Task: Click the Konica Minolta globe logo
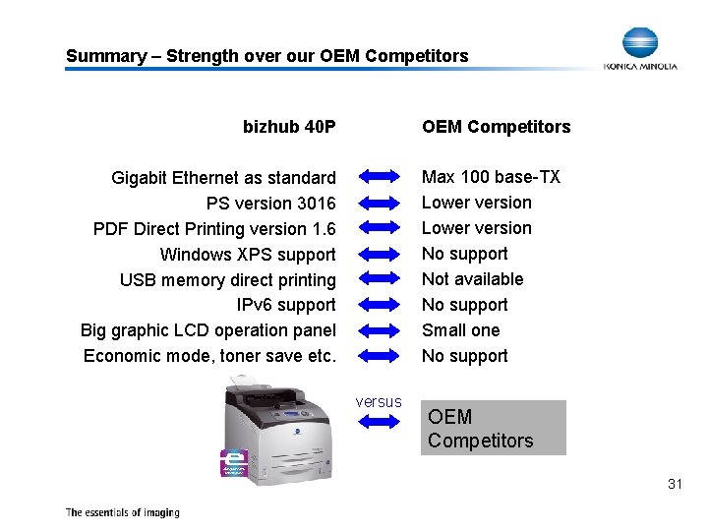[641, 43]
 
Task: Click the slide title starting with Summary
[266, 56]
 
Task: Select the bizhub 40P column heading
[289, 126]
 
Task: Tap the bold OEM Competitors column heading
[496, 126]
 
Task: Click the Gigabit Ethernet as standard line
[223, 178]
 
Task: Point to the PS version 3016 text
[270, 204]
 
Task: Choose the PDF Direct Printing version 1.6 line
[214, 229]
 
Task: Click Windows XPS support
[247, 255]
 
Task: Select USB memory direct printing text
[227, 280]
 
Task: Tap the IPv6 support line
[286, 305]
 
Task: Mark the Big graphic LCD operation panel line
[207, 330]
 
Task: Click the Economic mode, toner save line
[209, 356]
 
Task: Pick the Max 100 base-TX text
[491, 177]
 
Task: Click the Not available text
[472, 279]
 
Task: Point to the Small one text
[460, 330]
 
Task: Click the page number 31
[675, 484]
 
